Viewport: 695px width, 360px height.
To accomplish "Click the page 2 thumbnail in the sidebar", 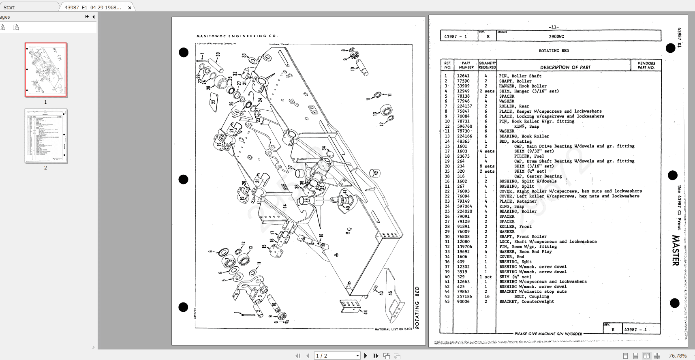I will point(46,136).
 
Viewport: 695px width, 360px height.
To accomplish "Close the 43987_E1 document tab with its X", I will point(130,8).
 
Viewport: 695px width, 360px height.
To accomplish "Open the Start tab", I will point(9,7).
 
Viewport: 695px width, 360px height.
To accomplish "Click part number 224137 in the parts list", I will point(464,106).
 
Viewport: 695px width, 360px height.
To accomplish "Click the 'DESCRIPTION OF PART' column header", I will point(565,67).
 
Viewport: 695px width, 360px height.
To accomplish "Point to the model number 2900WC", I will point(556,36).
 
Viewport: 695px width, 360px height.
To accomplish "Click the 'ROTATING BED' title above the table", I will point(554,51).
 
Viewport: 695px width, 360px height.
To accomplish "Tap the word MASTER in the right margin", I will point(675,250).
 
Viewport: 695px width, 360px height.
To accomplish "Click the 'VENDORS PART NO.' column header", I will point(646,65).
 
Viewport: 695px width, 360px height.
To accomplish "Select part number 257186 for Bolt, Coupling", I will point(464,296).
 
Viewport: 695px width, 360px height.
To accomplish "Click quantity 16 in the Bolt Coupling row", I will point(487,296).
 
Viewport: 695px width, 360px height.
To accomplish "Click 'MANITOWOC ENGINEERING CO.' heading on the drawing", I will point(237,36).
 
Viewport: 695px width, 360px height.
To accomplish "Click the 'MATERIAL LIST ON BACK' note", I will point(393,329).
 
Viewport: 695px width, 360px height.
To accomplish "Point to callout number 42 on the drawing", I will point(376,173).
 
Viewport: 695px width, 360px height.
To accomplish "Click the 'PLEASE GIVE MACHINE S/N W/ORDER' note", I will point(548,334).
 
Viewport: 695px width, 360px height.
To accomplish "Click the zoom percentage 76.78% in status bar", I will point(678,356).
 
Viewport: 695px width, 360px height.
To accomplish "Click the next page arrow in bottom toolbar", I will point(366,356).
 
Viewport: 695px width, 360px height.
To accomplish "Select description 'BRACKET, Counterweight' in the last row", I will point(526,302).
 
